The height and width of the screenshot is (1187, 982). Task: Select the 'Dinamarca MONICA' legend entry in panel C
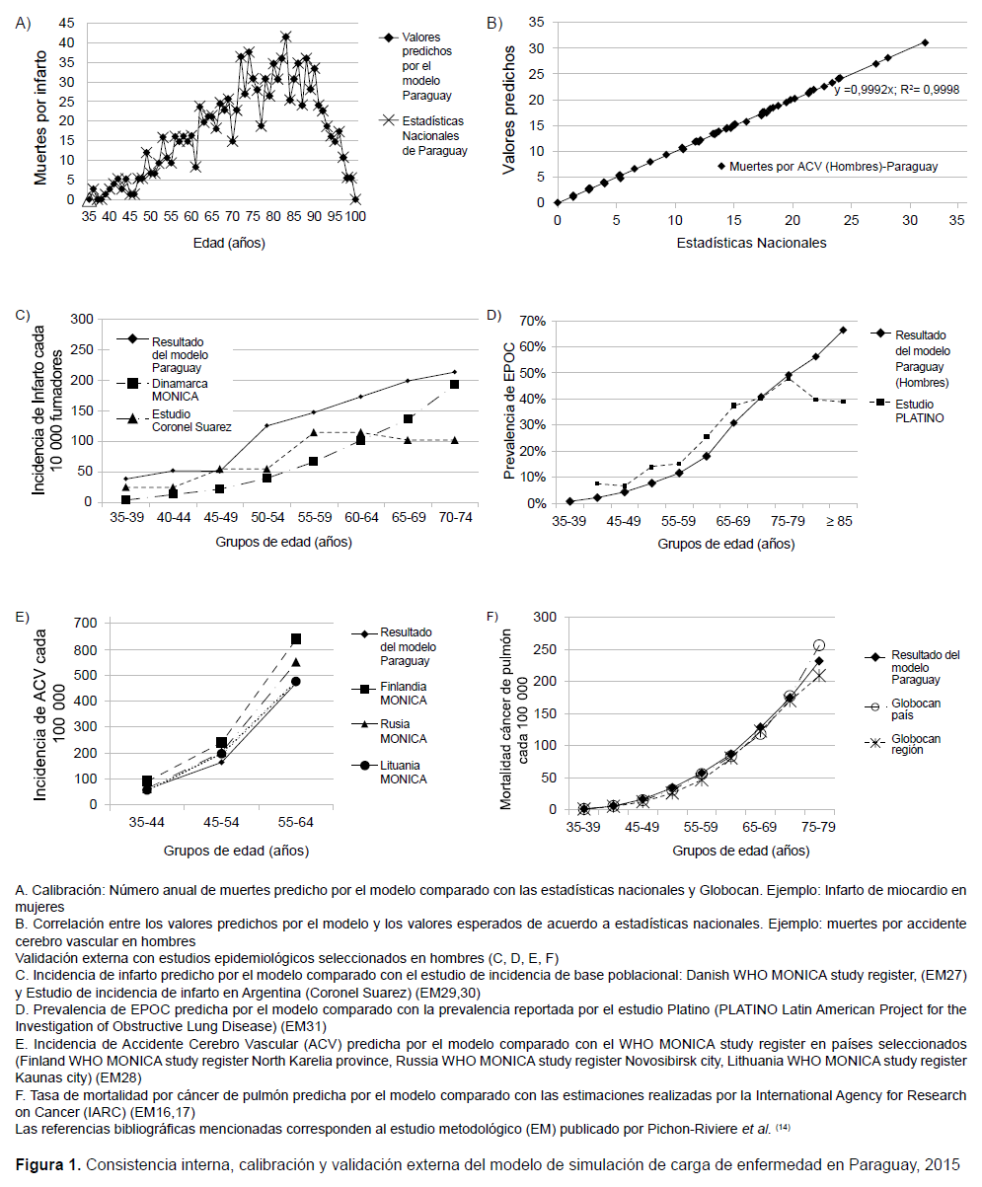pos(162,390)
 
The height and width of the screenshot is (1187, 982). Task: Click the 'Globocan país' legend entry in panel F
pos(903,708)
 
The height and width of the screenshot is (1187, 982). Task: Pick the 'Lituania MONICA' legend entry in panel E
pos(390,772)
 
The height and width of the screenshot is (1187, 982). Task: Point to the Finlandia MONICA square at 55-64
pos(296,639)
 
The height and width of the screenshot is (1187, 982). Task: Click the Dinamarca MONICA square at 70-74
pos(454,384)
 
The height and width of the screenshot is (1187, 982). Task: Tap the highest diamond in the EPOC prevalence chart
pos(843,330)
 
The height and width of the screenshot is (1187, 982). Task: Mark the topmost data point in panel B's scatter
pos(925,42)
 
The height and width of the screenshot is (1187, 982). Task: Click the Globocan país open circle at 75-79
pos(819,645)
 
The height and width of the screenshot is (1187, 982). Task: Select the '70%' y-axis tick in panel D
pos(532,322)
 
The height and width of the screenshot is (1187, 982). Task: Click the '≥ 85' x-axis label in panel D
pos(839,521)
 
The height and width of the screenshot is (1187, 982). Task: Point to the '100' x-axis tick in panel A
pos(355,217)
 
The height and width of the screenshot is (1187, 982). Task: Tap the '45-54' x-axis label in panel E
pos(221,822)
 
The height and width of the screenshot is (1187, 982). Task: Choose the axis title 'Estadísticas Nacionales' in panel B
pos(751,243)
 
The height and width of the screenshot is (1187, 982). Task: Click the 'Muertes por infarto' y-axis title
pos(40,117)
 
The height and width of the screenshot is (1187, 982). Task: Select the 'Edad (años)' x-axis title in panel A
pos(229,244)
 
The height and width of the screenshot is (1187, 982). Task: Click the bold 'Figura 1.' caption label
pos(48,1165)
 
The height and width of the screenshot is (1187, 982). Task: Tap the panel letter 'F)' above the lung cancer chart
pos(492,617)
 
